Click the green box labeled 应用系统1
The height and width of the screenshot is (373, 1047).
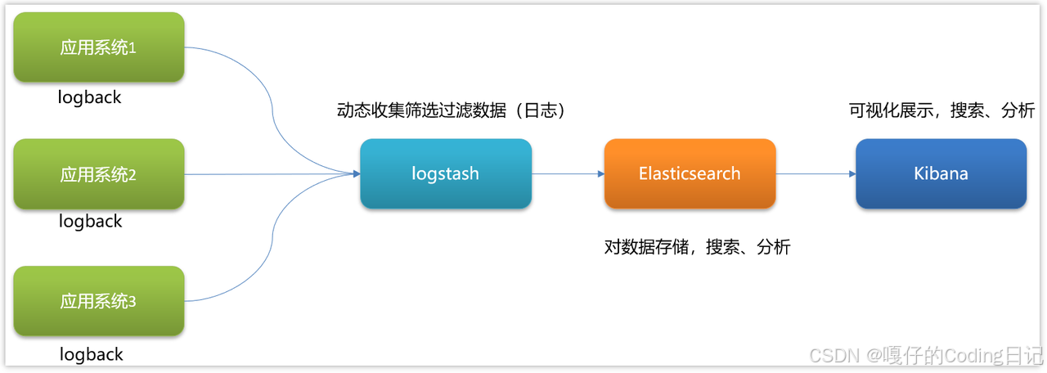point(99,47)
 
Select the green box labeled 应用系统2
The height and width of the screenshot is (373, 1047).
point(99,174)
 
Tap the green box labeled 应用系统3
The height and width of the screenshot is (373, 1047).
point(99,301)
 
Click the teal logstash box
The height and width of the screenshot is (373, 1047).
point(446,173)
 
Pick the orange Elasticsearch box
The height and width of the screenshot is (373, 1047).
point(690,173)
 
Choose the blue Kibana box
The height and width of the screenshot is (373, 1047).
point(941,173)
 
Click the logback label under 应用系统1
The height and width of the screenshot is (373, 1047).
point(90,97)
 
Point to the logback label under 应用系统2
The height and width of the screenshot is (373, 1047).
point(90,221)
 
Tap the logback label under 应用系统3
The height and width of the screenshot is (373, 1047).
point(92,354)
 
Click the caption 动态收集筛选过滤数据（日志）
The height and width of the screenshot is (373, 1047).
point(452,110)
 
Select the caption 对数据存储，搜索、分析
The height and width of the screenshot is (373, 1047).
point(697,246)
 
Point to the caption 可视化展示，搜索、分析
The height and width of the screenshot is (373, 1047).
point(941,110)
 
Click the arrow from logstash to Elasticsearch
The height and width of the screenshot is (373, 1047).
point(566,173)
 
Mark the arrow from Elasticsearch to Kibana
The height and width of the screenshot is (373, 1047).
point(815,173)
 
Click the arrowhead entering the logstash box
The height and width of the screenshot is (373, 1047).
point(356,173)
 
